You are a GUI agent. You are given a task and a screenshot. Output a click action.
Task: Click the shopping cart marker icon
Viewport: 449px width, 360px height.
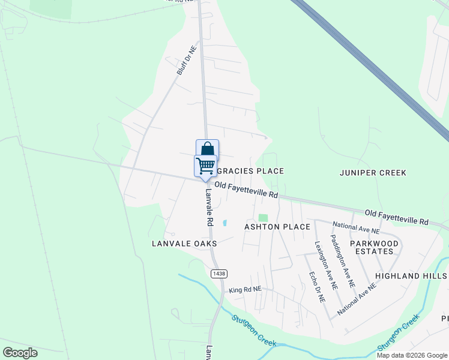pos(205,165)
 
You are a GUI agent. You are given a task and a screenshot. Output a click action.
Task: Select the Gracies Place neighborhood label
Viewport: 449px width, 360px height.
pos(253,171)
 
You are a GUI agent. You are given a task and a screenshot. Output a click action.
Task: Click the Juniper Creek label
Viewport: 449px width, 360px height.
pos(373,173)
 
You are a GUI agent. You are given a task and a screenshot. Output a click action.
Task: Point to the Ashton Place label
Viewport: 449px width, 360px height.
pos(277,227)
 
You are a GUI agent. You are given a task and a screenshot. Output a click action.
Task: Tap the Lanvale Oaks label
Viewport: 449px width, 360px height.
pos(184,244)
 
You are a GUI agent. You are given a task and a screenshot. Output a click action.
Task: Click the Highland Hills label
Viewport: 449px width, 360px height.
pos(411,276)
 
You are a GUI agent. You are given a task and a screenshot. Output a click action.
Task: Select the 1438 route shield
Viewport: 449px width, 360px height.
pos(218,274)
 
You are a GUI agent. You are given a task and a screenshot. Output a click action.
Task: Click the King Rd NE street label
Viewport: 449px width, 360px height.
pos(246,289)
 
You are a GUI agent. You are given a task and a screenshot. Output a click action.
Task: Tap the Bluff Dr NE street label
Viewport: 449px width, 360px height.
pos(187,60)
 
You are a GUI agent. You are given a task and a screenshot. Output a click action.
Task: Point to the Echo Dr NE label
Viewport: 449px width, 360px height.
pos(317,287)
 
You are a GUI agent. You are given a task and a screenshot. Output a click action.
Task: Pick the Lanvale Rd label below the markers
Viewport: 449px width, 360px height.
pos(209,208)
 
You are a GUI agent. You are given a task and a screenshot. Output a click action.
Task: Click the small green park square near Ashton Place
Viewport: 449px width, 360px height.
pos(263,217)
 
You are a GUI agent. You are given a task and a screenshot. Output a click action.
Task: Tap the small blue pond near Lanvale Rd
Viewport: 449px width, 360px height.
pos(224,223)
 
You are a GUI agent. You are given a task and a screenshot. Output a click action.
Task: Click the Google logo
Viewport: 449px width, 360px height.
pos(20,353)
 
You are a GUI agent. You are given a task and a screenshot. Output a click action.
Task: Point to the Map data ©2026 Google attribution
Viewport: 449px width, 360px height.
pos(411,355)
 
